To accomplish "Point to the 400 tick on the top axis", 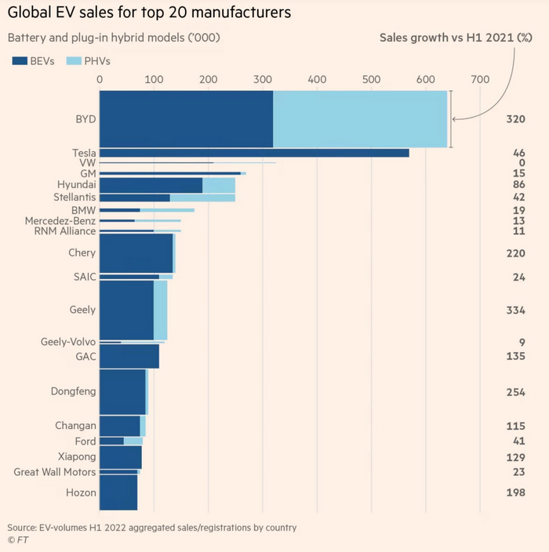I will tap(317, 79).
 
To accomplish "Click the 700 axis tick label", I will tap(480, 79).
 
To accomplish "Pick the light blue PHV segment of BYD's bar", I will tap(360, 119).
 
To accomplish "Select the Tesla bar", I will tap(254, 152).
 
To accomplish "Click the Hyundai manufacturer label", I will tap(76, 183).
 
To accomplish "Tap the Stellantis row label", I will tap(75, 197).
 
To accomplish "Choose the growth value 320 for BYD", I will tap(515, 119).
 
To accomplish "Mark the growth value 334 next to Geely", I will tap(515, 310).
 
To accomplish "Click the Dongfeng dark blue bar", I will tap(122, 392).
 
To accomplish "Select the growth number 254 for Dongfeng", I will tap(515, 392).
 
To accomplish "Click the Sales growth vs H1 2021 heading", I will tap(455, 37).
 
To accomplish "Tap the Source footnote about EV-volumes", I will tap(152, 528).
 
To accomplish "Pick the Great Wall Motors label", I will tap(55, 472).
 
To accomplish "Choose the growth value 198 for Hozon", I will tap(515, 492).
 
